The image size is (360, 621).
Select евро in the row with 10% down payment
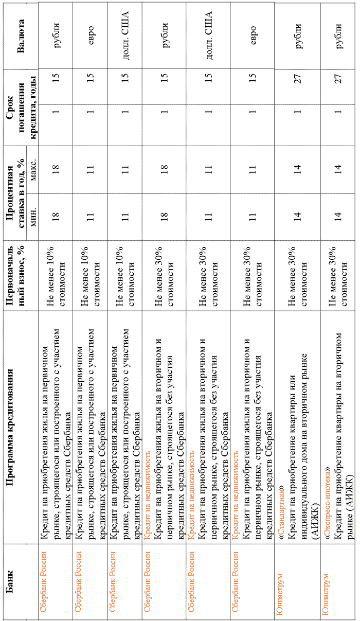91,36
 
